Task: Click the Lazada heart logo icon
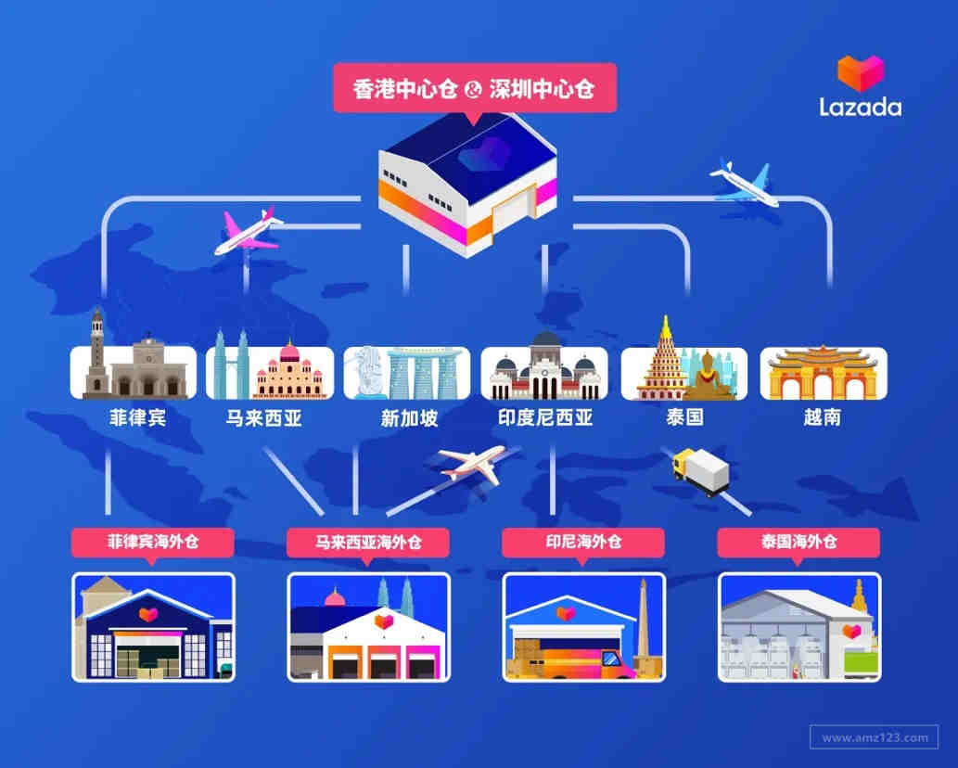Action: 861,73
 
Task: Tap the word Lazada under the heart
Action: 861,107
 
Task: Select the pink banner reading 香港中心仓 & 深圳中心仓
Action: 475,89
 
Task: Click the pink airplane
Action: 249,231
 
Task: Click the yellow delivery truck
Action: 701,470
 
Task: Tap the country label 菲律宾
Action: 137,418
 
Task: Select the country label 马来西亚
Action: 264,418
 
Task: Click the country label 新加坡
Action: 409,418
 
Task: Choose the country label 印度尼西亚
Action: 545,417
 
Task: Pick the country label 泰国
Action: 684,417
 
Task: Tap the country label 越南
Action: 822,417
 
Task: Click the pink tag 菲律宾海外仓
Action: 153,543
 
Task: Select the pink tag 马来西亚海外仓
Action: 368,543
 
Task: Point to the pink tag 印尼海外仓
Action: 583,543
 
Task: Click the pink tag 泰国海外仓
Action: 798,543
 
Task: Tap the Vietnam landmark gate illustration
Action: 824,373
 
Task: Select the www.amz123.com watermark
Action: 875,736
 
